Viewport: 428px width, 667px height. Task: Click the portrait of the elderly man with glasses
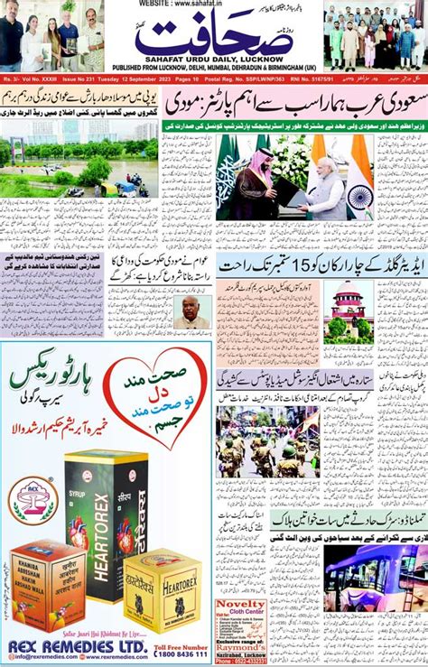click(x=193, y=313)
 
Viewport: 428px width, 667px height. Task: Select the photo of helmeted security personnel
click(x=267, y=442)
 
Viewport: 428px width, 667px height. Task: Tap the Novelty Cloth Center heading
click(x=241, y=607)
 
